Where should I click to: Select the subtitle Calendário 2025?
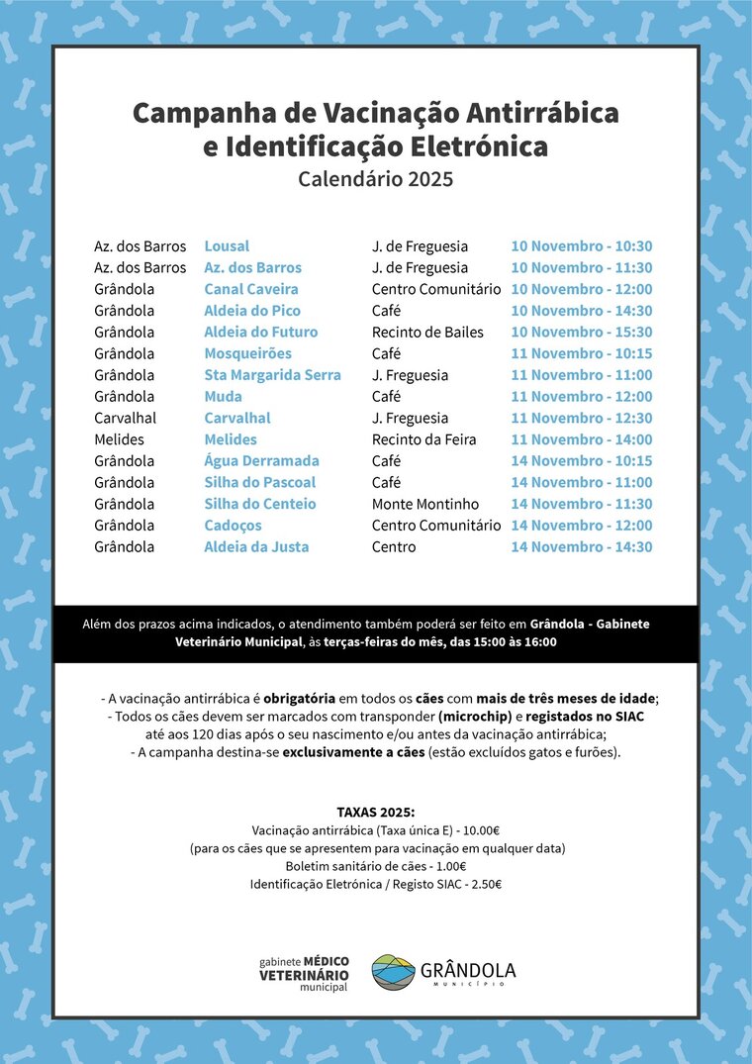point(375,179)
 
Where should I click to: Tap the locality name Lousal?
point(227,246)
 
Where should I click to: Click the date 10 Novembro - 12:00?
point(581,289)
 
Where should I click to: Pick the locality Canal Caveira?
point(250,289)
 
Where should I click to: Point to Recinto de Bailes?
point(427,333)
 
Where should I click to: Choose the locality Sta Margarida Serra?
point(272,375)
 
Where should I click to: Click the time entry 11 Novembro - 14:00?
point(581,439)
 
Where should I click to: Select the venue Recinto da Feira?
point(423,439)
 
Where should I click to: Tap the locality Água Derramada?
point(261,461)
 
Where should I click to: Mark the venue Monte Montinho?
point(425,504)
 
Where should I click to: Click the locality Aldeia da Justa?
point(256,547)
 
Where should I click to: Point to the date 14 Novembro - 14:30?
point(581,547)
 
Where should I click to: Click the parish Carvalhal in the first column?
point(125,418)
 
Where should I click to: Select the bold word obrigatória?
point(308,698)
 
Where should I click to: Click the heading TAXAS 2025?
point(375,813)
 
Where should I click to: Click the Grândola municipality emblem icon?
point(393,972)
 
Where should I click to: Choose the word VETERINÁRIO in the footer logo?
point(304,974)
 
